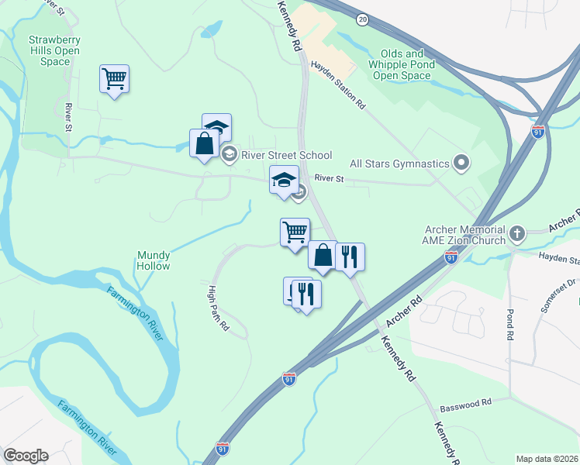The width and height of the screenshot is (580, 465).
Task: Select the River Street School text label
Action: [286, 155]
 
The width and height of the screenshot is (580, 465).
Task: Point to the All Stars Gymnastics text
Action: [400, 164]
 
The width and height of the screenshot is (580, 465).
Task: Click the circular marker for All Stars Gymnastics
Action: [462, 163]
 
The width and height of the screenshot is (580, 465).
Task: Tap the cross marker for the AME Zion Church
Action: [517, 232]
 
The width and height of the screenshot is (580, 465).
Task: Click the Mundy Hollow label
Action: [153, 260]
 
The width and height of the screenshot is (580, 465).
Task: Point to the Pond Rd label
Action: [510, 325]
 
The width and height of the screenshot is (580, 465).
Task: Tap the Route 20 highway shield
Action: [363, 19]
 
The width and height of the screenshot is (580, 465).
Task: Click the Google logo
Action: [26, 456]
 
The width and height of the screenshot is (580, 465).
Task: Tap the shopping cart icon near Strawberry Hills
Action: [114, 78]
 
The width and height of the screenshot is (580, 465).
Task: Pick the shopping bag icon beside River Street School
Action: [204, 143]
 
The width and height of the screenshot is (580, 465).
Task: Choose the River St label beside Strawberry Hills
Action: [68, 116]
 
